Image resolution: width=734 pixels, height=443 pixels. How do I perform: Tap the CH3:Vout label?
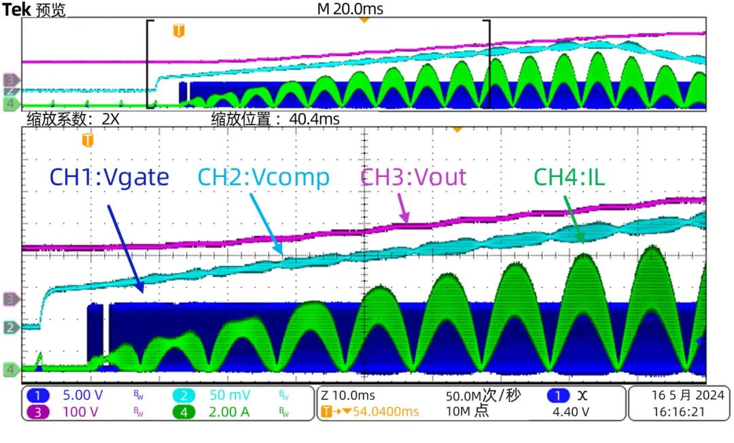point(413,178)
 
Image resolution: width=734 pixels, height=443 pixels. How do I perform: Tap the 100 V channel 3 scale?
point(80,412)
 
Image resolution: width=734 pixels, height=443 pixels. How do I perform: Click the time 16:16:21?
point(678,412)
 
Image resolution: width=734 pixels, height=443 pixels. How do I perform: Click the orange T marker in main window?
point(88,141)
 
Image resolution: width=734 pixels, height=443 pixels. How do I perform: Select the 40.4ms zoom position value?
point(315,119)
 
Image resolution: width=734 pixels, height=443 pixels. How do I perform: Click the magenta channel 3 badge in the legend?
point(39,412)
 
